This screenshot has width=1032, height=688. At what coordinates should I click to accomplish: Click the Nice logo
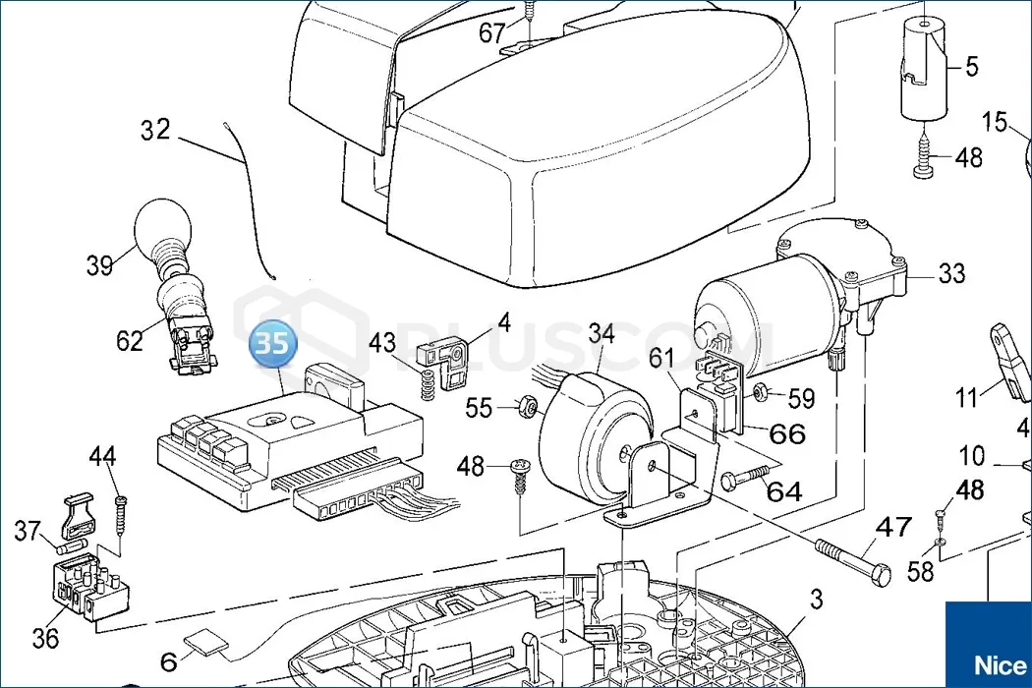point(987,662)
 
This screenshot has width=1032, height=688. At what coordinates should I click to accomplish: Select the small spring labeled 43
point(427,383)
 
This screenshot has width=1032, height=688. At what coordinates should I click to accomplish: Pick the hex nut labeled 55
point(526,405)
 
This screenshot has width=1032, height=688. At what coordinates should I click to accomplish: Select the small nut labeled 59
point(761,394)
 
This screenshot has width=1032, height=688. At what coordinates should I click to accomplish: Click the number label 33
point(951,273)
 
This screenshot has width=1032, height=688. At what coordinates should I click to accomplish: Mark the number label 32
point(155,130)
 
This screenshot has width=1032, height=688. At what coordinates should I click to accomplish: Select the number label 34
point(602,333)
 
